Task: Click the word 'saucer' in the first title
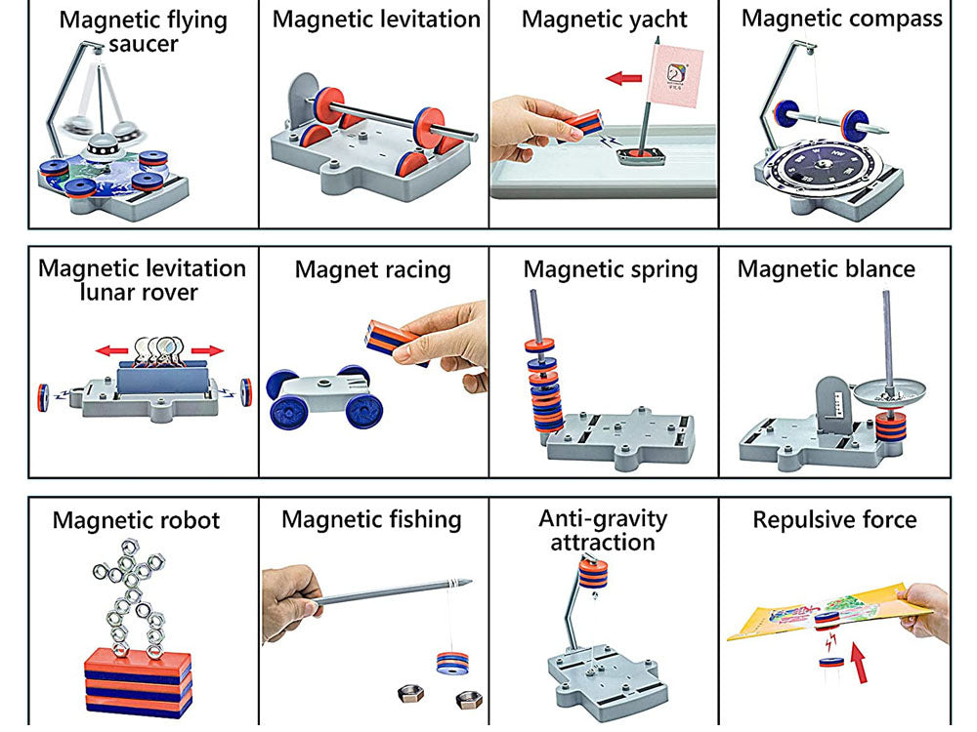pos(144,43)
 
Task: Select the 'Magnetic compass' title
pos(842,18)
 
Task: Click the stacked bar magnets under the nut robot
pos(137,680)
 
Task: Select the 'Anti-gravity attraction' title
pos(602,529)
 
